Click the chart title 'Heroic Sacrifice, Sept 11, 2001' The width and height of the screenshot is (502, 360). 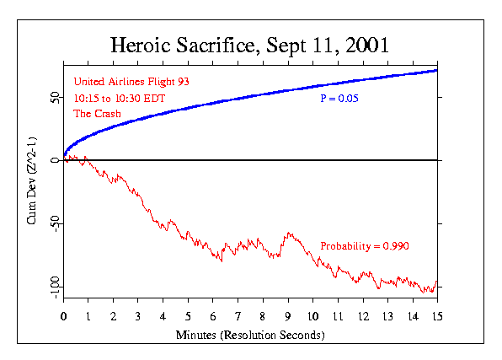(250, 45)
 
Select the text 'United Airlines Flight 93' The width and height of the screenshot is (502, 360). (125, 82)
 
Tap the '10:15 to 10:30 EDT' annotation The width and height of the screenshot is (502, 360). (119, 98)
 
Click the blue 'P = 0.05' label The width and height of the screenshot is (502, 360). (339, 99)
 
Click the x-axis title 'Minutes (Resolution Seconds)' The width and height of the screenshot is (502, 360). (250, 334)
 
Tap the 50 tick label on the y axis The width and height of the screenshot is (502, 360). (55, 97)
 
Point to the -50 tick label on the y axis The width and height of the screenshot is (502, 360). (55, 223)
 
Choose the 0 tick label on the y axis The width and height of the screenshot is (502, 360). (55, 160)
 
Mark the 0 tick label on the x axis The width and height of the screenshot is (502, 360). (64, 317)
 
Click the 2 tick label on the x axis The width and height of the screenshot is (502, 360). (114, 317)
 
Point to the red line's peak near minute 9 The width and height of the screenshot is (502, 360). (288, 233)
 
